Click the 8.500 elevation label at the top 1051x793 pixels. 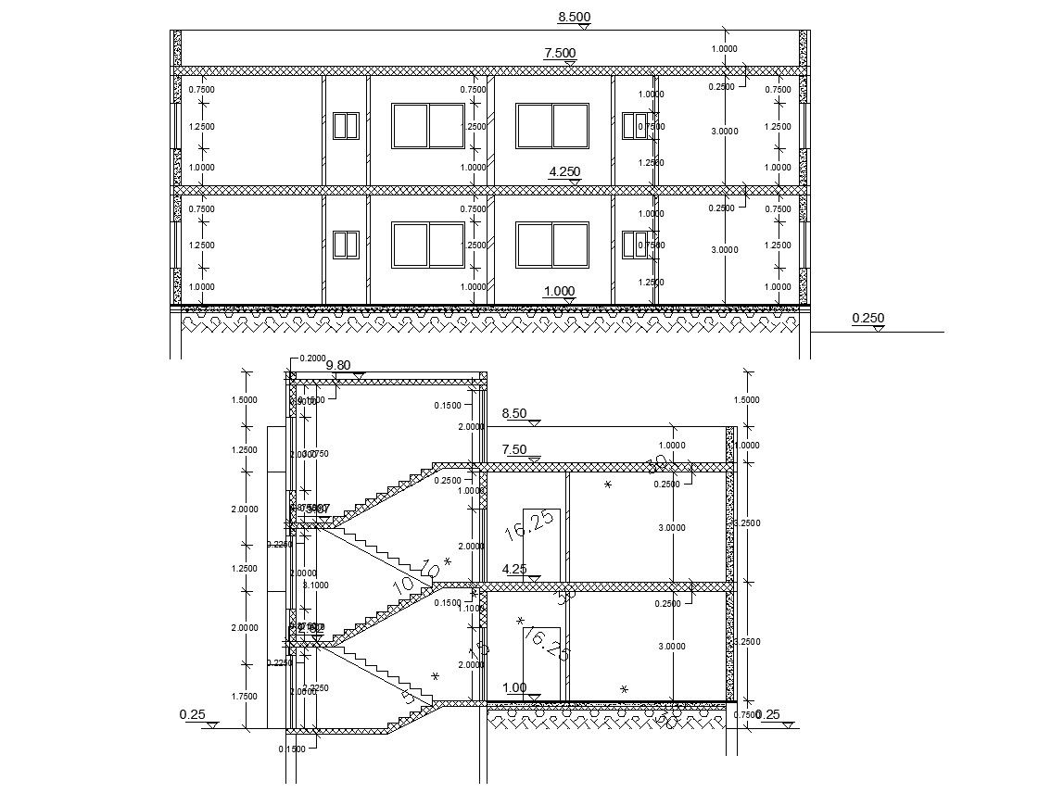(x=574, y=17)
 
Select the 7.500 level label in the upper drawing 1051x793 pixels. (x=560, y=53)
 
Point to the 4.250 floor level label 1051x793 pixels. (x=564, y=172)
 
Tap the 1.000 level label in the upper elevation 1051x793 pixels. (x=559, y=291)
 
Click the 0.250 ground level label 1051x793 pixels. (x=867, y=319)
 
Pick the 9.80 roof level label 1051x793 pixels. (x=338, y=365)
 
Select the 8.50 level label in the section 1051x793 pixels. (x=514, y=413)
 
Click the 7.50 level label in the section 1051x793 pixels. (x=514, y=449)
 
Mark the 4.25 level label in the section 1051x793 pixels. (x=514, y=569)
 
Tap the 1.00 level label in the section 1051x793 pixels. (x=514, y=687)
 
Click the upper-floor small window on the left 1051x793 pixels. (x=346, y=126)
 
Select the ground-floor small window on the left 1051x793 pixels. (x=346, y=245)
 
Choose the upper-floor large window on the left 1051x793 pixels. (x=427, y=126)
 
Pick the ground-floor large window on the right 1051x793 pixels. (x=552, y=245)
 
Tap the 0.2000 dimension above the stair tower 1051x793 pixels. (x=312, y=359)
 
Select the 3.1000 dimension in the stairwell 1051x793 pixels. (x=316, y=585)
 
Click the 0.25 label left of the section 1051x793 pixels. (x=192, y=714)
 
